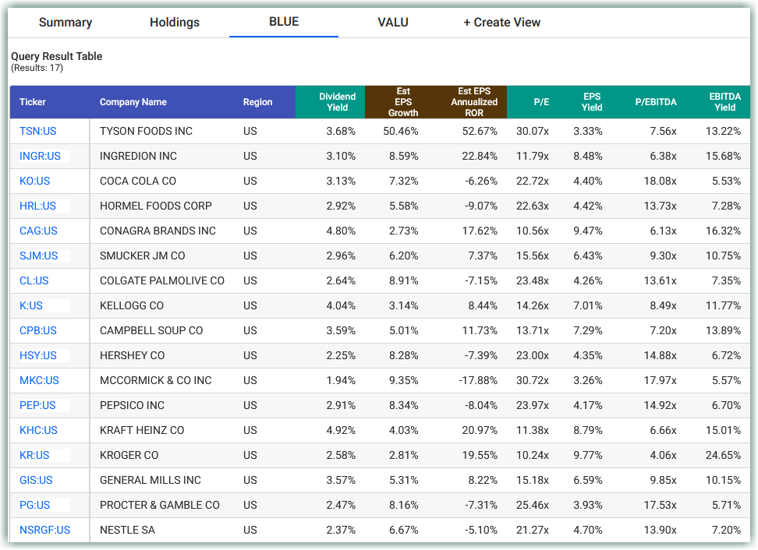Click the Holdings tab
point(174,23)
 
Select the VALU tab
point(392,23)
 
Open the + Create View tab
point(501,23)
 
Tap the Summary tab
point(66,23)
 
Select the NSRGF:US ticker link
point(44,530)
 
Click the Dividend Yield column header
point(337,102)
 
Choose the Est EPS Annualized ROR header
point(473,102)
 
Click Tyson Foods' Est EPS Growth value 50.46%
point(400,131)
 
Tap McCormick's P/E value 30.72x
point(532,380)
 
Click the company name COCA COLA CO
point(138,181)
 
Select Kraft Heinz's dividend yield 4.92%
point(340,430)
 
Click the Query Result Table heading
point(56,56)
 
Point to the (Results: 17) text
point(37,68)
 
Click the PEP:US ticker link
point(37,405)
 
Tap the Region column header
point(257,102)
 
